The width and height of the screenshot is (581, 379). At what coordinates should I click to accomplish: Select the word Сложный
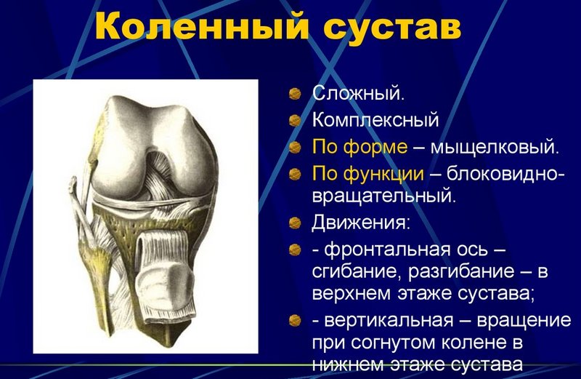pos(359,94)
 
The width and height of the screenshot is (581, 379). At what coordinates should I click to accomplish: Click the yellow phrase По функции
pos(368,174)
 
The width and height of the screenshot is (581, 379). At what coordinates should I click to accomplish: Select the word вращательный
pos(384,195)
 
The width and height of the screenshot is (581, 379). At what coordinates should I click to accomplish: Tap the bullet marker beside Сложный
pos(294,94)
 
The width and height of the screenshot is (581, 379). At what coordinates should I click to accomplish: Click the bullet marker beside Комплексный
pos(294,119)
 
